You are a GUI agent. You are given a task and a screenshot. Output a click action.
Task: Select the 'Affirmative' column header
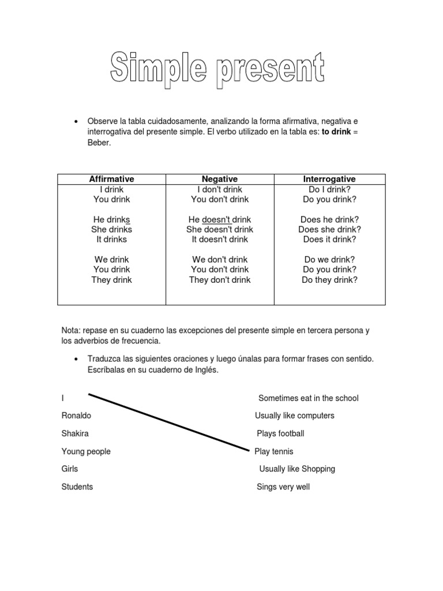point(112,179)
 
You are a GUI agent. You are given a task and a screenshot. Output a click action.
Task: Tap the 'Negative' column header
point(219,179)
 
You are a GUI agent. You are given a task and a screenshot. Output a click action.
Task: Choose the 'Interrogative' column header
point(329,179)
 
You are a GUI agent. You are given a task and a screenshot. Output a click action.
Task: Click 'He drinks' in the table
point(112,219)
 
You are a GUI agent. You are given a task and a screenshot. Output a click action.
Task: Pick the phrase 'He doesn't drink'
point(219,219)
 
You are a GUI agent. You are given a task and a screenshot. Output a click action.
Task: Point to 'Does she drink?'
point(329,229)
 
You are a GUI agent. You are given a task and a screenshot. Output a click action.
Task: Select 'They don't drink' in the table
point(219,280)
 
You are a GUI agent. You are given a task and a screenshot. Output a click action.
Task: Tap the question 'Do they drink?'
point(329,280)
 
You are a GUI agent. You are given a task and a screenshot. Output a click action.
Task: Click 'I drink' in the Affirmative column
point(112,189)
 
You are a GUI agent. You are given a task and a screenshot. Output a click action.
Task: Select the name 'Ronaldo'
point(76,416)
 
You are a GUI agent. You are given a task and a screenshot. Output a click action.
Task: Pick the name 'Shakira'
point(75,433)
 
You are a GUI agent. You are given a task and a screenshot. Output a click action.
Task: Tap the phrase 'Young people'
point(86,451)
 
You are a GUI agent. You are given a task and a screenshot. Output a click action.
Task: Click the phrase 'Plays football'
point(280,433)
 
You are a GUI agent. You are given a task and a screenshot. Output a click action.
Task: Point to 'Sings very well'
point(283,487)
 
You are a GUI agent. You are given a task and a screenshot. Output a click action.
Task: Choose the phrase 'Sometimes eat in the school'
point(308,398)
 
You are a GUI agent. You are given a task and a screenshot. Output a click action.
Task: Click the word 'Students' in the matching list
point(77,487)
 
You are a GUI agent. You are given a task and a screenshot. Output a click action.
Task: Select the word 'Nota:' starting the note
point(71,331)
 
